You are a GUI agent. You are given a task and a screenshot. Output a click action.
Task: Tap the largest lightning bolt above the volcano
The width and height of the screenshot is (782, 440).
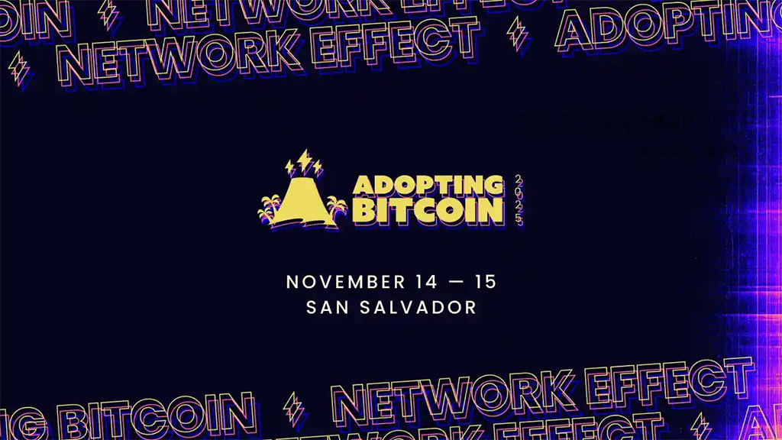pos(305,160)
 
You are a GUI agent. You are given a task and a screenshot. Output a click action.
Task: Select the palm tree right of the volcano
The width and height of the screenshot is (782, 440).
pos(335,209)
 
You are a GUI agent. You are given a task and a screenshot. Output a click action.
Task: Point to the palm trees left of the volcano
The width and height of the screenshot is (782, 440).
pos(269,209)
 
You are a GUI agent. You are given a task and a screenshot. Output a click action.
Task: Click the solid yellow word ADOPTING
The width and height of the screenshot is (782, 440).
pos(428,186)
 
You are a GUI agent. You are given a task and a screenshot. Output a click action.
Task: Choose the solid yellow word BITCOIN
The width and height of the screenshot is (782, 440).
pos(428,211)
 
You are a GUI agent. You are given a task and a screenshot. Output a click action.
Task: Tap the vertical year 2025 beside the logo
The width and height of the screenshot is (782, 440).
pos(519,199)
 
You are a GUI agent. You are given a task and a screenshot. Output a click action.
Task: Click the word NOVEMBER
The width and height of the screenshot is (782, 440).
pos(335,282)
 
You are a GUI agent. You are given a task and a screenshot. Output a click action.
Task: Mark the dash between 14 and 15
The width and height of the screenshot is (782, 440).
pos(454,282)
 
